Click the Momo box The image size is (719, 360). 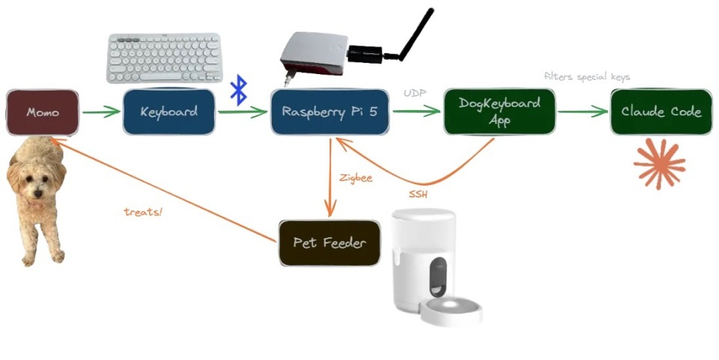pos(43,113)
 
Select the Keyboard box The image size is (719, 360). pos(169,112)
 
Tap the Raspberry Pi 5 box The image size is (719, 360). pos(330,112)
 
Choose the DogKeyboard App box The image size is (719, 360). pos(500,112)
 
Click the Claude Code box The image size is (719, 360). pos(661,112)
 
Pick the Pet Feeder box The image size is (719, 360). pos(330,243)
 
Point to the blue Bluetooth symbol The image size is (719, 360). pos(238,90)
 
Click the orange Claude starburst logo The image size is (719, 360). pos(660,164)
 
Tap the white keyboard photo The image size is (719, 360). pos(165,58)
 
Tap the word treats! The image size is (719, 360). pos(143,212)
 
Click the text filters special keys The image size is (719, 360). pos(587,77)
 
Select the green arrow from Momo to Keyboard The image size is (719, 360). pos(101,113)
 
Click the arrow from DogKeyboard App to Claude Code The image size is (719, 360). pos(583,113)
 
